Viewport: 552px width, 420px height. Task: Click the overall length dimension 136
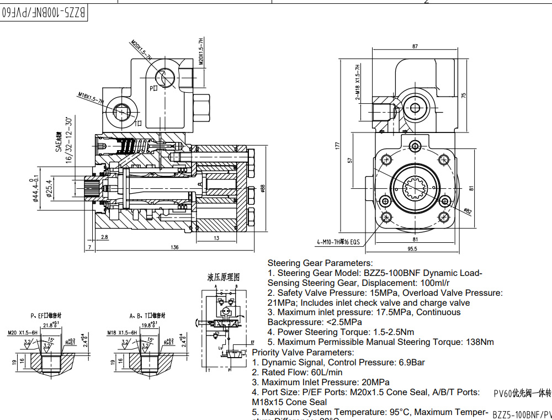point(175,247)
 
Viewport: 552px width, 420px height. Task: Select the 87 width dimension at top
point(415,47)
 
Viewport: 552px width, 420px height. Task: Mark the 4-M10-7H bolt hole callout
point(338,242)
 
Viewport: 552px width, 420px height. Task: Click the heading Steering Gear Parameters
point(320,263)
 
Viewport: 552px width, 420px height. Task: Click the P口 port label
point(153,88)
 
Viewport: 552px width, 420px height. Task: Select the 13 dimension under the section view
point(216,238)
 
